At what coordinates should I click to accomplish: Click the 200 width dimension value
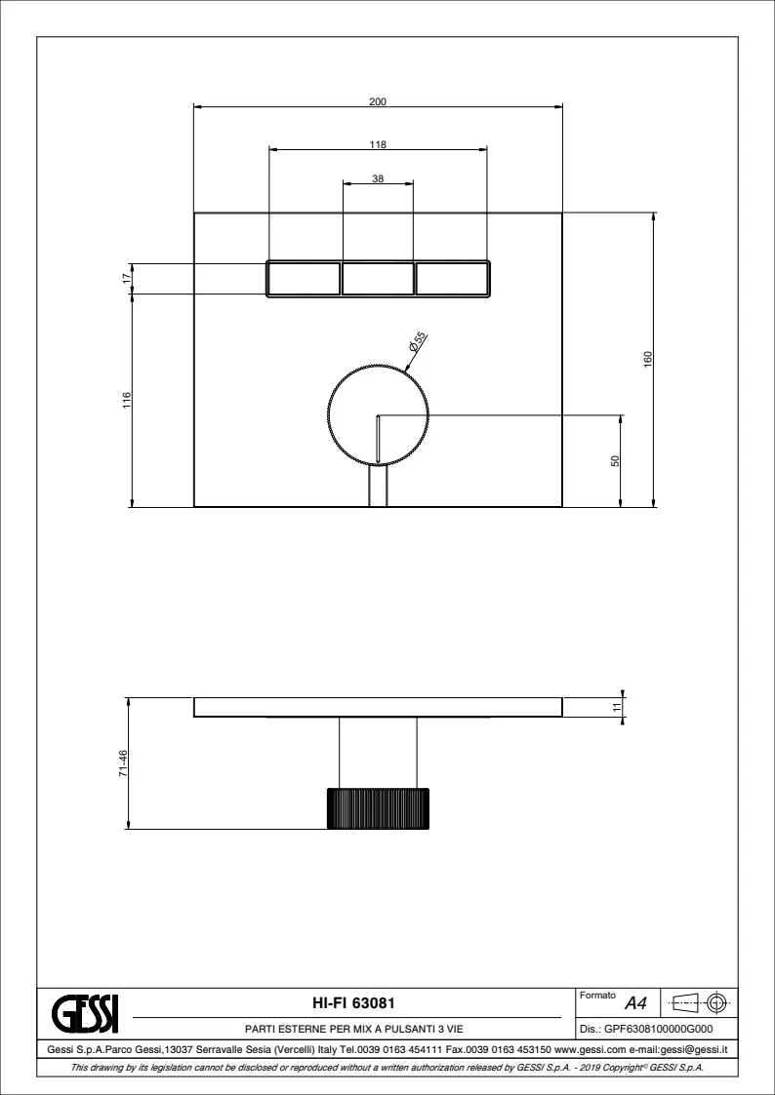tap(378, 101)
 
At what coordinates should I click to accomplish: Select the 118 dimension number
tap(378, 144)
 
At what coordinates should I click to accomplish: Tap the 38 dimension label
tap(378, 178)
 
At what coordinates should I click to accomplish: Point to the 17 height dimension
tap(127, 278)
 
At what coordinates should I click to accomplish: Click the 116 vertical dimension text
tap(127, 400)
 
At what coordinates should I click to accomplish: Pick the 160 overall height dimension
tap(647, 359)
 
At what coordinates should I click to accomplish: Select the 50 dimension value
tap(615, 461)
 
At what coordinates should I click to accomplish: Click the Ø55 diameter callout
tap(417, 341)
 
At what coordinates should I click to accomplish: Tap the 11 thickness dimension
tap(616, 707)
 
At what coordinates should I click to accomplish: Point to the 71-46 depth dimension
tap(123, 763)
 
